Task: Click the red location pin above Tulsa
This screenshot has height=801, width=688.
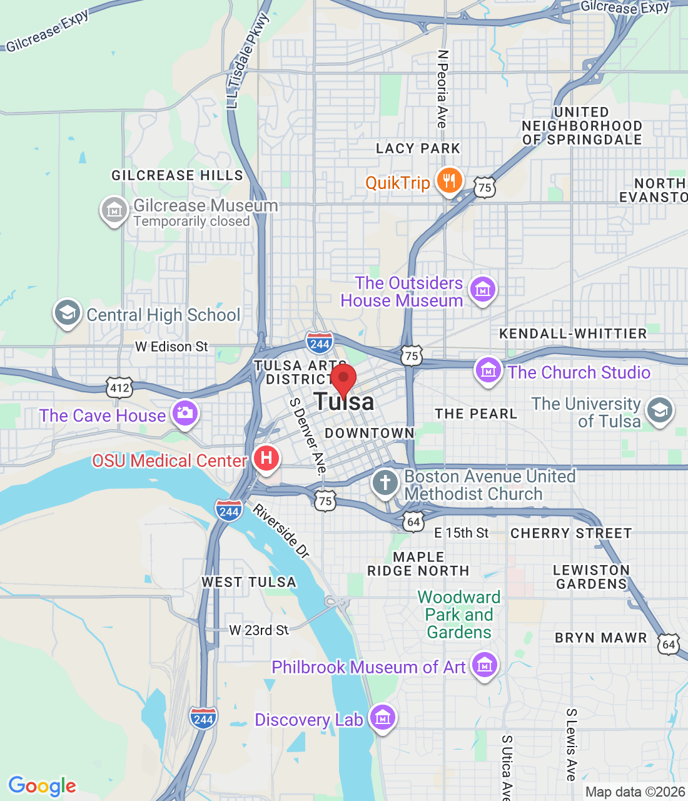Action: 343,379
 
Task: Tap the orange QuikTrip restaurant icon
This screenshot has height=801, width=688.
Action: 449,181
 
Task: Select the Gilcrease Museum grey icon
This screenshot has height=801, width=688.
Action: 114,211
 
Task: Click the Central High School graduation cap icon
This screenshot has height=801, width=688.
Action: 67,313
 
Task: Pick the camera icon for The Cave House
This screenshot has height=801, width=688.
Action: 185,413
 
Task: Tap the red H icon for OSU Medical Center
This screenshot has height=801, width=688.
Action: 266,459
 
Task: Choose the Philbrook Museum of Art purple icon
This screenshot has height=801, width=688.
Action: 485,666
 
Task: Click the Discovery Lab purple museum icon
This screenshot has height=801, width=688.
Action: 383,718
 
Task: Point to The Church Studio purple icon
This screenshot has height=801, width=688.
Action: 488,371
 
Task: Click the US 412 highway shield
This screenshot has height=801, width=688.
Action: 119,387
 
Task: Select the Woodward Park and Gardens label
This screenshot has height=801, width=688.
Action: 459,615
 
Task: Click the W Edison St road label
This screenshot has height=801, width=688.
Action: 171,347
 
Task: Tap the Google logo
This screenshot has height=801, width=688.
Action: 43,786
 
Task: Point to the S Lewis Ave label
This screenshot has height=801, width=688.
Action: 571,745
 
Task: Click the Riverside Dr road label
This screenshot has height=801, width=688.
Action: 281,531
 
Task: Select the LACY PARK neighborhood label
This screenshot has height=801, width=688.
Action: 418,148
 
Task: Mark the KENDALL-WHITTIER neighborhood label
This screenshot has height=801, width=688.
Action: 572,334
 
